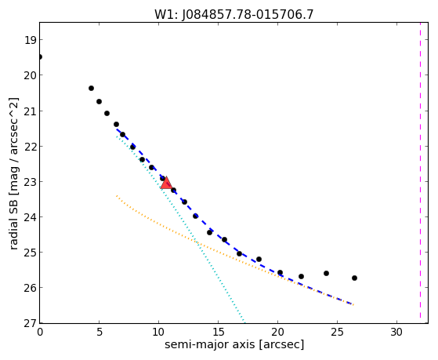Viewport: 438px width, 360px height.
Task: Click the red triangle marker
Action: click(x=166, y=183)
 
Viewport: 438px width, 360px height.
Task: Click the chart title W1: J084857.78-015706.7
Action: click(x=234, y=14)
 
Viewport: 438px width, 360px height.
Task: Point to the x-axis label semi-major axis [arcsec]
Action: click(x=234, y=344)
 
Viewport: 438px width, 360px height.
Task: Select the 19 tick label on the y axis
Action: click(x=31, y=40)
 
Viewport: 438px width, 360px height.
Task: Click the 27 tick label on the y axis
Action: click(x=31, y=323)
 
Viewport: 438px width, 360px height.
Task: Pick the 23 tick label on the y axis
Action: click(x=31, y=182)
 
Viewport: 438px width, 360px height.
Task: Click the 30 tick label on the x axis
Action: click(x=396, y=332)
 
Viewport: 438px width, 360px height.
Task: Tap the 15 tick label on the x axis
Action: click(x=218, y=332)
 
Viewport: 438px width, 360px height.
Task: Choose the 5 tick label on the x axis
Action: click(x=100, y=332)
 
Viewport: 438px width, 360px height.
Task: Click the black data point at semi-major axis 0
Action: click(x=40, y=57)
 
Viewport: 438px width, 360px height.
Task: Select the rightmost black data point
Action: click(x=354, y=278)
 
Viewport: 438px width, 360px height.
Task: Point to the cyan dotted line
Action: click(x=180, y=229)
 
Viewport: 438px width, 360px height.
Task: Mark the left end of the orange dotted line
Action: click(x=117, y=196)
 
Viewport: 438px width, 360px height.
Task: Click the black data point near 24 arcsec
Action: click(x=326, y=273)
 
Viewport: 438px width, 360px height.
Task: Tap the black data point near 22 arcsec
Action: click(x=301, y=276)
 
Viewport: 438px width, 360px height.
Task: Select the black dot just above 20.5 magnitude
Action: click(x=91, y=89)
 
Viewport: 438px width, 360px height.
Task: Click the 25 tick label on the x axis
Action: click(x=337, y=332)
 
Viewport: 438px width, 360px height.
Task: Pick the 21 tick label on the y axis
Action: click(x=31, y=111)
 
